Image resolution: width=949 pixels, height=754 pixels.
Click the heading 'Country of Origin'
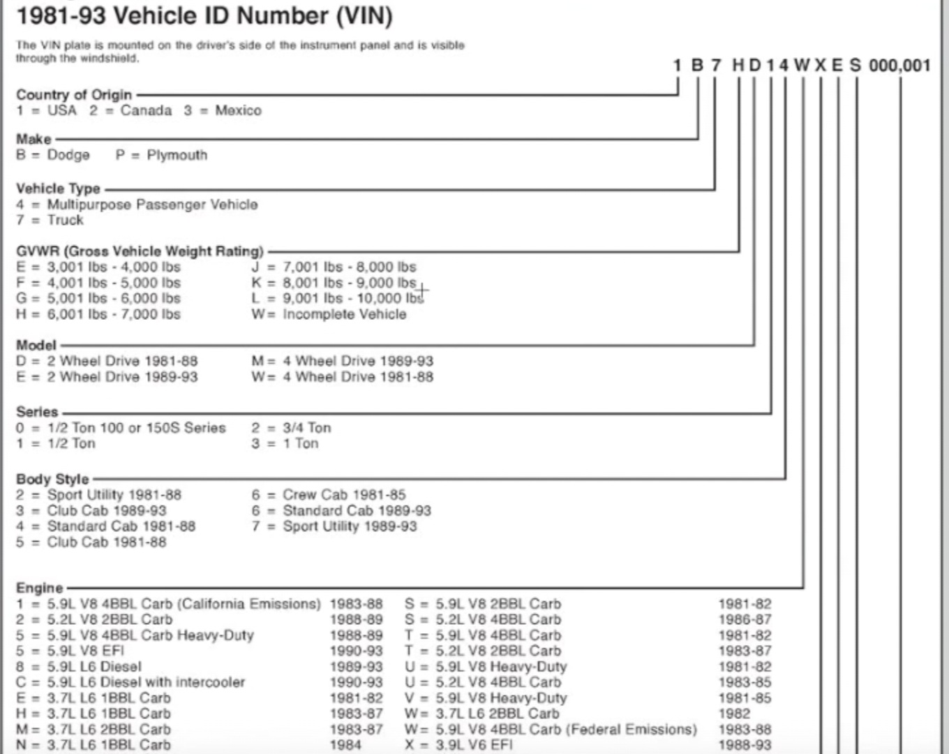[73, 95]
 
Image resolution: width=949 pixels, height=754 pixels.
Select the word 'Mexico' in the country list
[238, 110]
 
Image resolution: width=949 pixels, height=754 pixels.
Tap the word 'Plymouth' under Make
[177, 155]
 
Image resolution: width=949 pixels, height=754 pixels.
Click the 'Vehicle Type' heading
[58, 188]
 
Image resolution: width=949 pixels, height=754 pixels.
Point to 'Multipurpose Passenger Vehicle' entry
[152, 205]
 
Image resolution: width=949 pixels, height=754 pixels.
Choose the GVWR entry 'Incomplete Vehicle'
[344, 314]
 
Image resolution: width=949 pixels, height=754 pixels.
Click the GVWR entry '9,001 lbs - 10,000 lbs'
[352, 298]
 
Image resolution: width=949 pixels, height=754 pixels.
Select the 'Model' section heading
[36, 345]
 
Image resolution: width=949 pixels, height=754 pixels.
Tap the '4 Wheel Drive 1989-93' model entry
[358, 361]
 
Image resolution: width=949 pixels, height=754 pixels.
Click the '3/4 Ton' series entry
[306, 428]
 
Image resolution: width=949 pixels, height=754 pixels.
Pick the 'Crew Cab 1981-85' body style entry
[344, 495]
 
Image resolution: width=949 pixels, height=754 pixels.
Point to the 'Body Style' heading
[52, 479]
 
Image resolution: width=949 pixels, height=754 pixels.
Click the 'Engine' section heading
[39, 588]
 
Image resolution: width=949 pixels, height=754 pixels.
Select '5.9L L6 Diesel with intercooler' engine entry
[146, 682]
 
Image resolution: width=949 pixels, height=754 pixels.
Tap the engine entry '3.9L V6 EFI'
[474, 744]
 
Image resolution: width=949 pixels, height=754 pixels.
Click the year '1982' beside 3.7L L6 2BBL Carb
[734, 714]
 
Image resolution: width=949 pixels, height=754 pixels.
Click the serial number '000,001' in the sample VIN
[899, 66]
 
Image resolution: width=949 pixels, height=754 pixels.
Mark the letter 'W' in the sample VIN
[802, 66]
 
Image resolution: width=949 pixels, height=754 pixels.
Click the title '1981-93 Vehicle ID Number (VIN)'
[204, 15]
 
